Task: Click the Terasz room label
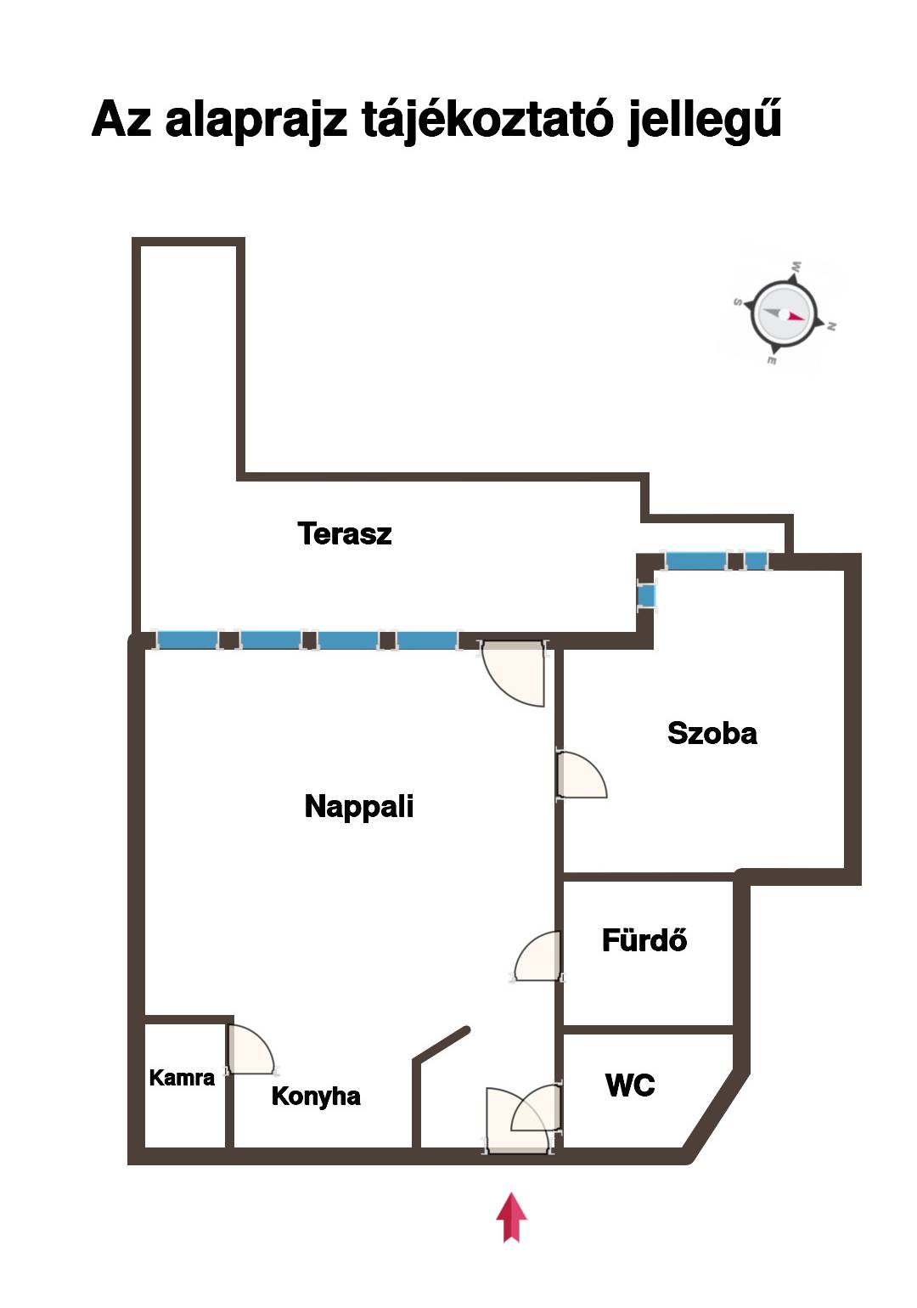[x=344, y=533]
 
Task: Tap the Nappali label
[x=359, y=807]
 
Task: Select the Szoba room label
[x=712, y=733]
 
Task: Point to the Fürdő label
[x=644, y=939]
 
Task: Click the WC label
[x=630, y=1085]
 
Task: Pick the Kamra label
[x=182, y=1077]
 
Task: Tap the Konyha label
[x=316, y=1097]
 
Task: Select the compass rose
[x=784, y=314]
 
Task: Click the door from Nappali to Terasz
[x=514, y=674]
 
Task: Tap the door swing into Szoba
[x=582, y=775]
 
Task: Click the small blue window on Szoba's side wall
[x=647, y=596]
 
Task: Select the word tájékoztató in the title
[x=487, y=120]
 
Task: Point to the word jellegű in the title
[x=705, y=120]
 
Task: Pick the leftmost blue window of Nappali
[x=187, y=640]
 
